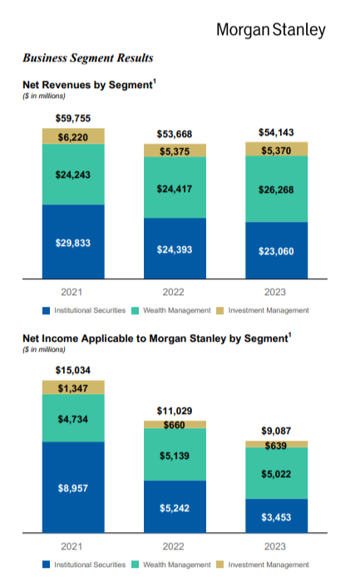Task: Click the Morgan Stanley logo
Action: pyautogui.click(x=271, y=30)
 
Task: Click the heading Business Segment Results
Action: pyautogui.click(x=88, y=57)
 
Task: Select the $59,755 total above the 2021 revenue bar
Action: pyautogui.click(x=73, y=118)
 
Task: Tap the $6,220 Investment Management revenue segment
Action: pyautogui.click(x=73, y=136)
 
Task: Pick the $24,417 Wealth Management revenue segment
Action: pyautogui.click(x=175, y=188)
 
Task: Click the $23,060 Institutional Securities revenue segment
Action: pyautogui.click(x=276, y=250)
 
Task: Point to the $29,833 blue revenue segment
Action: pyautogui.click(x=73, y=242)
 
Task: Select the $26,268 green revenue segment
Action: pyautogui.click(x=276, y=189)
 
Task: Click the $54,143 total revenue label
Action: pyautogui.click(x=276, y=132)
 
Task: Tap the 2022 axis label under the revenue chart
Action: pyautogui.click(x=174, y=292)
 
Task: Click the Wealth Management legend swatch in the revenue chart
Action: pyautogui.click(x=135, y=311)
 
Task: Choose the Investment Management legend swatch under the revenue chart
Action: pyautogui.click(x=220, y=311)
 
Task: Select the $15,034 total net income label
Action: pyautogui.click(x=73, y=370)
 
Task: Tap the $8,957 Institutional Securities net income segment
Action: pyautogui.click(x=73, y=487)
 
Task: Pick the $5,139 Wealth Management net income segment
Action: pyautogui.click(x=175, y=455)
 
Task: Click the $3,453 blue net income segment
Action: pyautogui.click(x=276, y=516)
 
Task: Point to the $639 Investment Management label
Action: pyautogui.click(x=276, y=446)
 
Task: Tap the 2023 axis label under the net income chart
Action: pyautogui.click(x=275, y=546)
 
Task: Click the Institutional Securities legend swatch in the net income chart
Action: pyautogui.click(x=46, y=565)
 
